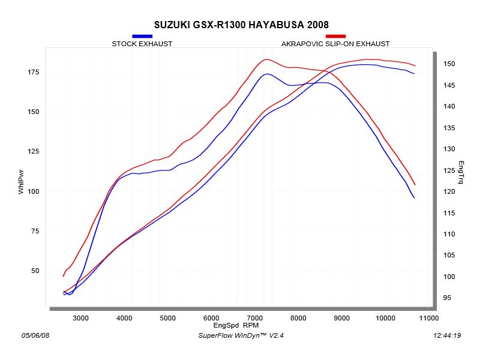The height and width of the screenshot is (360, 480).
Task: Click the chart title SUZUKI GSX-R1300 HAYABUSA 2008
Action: [x=241, y=25]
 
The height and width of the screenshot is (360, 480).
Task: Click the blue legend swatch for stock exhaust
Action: [x=142, y=36]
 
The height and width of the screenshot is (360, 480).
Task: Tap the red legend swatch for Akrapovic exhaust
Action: [x=335, y=36]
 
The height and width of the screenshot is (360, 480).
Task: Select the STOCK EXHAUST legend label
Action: [x=142, y=44]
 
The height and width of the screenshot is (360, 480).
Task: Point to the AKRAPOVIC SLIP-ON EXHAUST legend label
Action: [x=335, y=44]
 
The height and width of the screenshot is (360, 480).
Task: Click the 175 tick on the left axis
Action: [x=32, y=72]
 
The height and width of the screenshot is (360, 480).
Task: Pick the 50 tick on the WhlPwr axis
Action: [x=34, y=271]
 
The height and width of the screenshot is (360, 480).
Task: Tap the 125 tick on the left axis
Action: [x=32, y=151]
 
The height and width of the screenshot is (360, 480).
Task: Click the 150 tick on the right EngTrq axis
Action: [x=449, y=64]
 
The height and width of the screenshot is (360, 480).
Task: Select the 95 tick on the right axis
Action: [x=448, y=298]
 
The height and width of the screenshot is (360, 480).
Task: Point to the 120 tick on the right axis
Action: [x=449, y=191]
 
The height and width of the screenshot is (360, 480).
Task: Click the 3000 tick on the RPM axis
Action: [x=81, y=317]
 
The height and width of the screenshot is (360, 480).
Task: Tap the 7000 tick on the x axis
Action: [x=255, y=317]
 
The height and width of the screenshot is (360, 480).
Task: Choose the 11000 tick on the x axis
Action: [x=428, y=317]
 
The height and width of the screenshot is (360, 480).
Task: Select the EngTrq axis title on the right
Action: [x=461, y=172]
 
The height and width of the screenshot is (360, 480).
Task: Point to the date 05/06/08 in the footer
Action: [x=35, y=335]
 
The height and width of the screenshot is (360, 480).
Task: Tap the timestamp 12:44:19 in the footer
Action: [x=445, y=335]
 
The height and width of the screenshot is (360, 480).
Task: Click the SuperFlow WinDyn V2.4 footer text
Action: [x=241, y=335]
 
